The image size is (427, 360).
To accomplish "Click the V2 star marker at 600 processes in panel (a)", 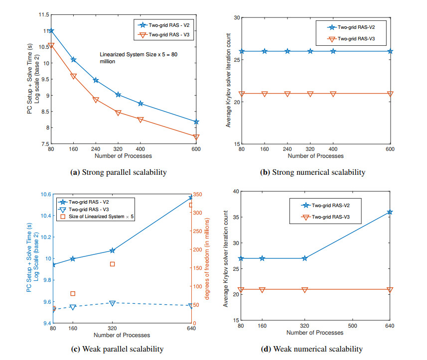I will coord(196,121).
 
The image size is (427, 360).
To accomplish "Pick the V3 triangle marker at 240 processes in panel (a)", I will coord(96,100).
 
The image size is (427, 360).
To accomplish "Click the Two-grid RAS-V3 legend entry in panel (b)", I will coord(355,39).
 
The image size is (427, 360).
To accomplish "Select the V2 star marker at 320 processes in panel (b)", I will coord(310,51).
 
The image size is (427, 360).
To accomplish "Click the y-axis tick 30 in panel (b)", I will coord(237,18).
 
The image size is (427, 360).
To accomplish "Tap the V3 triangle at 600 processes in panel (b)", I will coord(390,94).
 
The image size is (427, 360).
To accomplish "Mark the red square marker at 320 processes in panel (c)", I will coord(113,264).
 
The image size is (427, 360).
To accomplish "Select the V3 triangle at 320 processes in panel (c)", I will coord(113,303).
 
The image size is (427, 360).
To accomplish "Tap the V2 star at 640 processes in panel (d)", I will coord(390,212).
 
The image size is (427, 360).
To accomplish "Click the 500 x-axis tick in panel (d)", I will coord(352,326).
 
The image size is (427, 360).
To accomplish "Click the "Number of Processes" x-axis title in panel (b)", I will coord(316,156).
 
